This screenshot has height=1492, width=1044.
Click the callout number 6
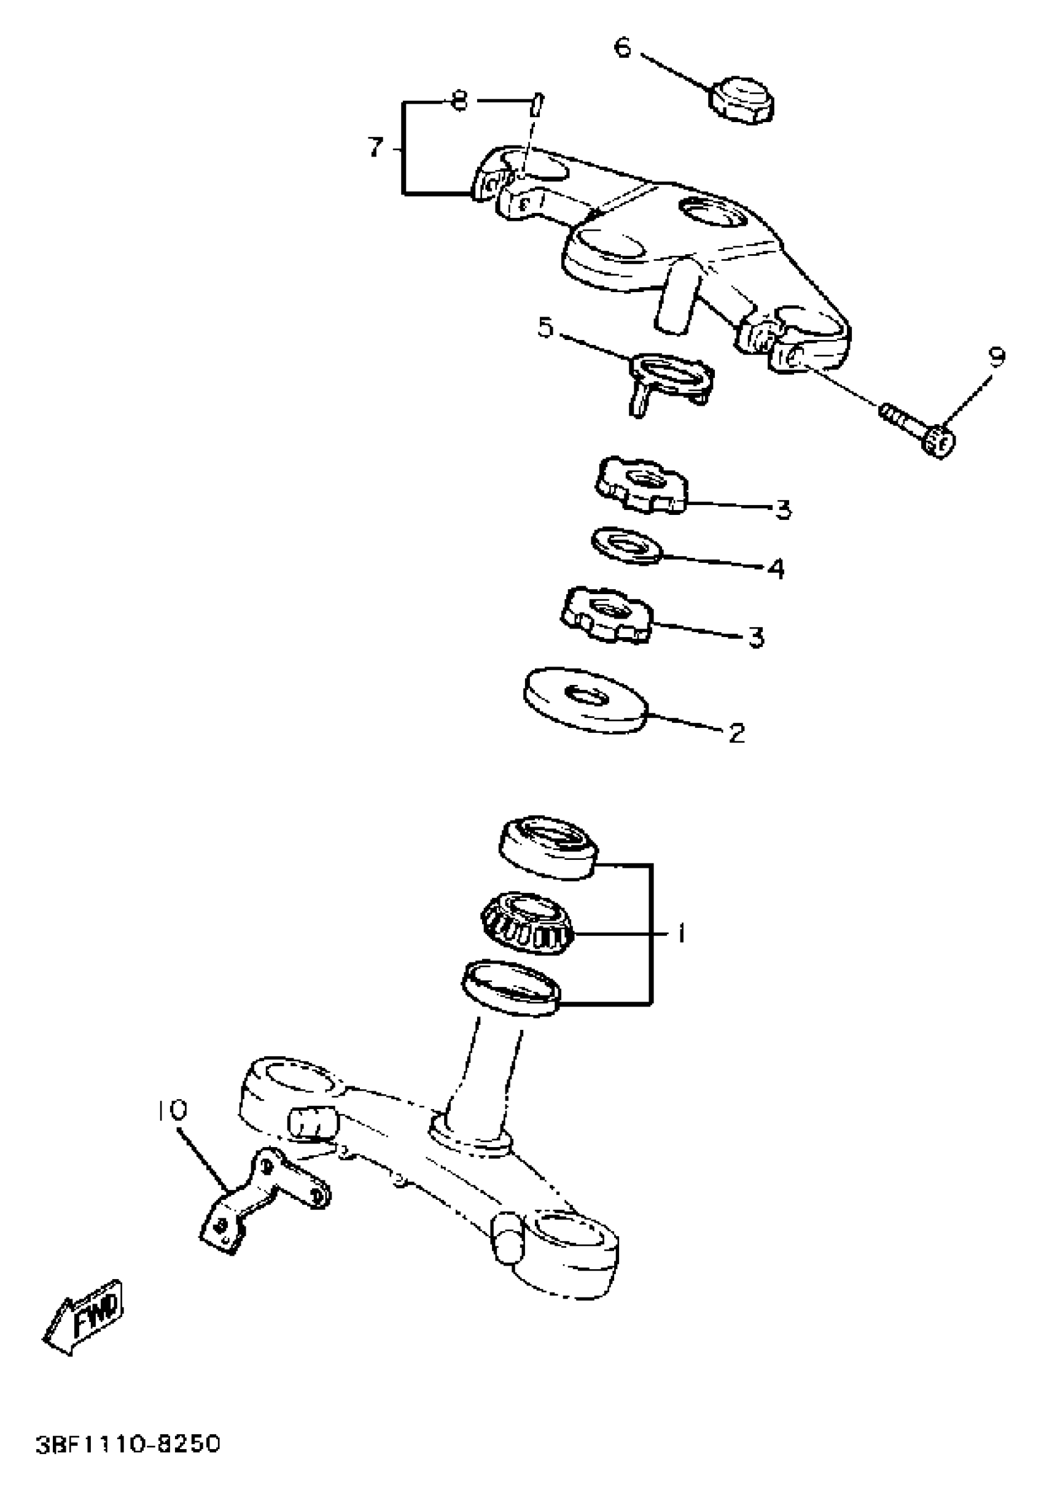[x=622, y=47]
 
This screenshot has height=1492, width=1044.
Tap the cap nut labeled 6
[x=742, y=100]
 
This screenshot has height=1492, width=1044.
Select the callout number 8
[x=459, y=101]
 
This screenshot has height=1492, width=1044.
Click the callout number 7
[x=375, y=147]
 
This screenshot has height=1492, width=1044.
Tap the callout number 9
[x=995, y=356]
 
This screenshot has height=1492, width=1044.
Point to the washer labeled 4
[x=626, y=544]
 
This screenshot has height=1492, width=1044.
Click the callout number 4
[x=775, y=568]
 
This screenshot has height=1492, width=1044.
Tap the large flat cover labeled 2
[x=585, y=699]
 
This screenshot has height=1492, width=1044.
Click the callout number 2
[x=736, y=733]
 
